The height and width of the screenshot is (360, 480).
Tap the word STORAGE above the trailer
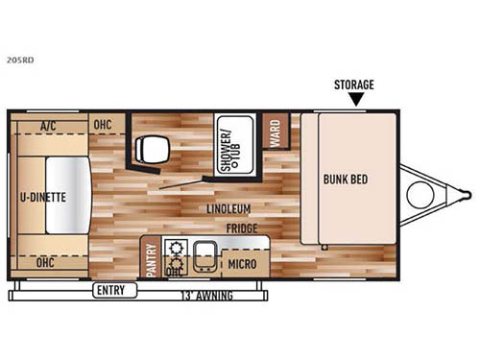pyautogui.click(x=355, y=84)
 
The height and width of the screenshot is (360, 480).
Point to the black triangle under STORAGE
pyautogui.click(x=355, y=99)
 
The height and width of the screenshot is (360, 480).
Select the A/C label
pyautogui.click(x=48, y=125)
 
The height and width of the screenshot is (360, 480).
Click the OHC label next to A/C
pyautogui.click(x=103, y=125)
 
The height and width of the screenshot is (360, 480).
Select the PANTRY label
pyautogui.click(x=151, y=259)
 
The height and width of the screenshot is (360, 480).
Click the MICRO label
pyautogui.click(x=242, y=263)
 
